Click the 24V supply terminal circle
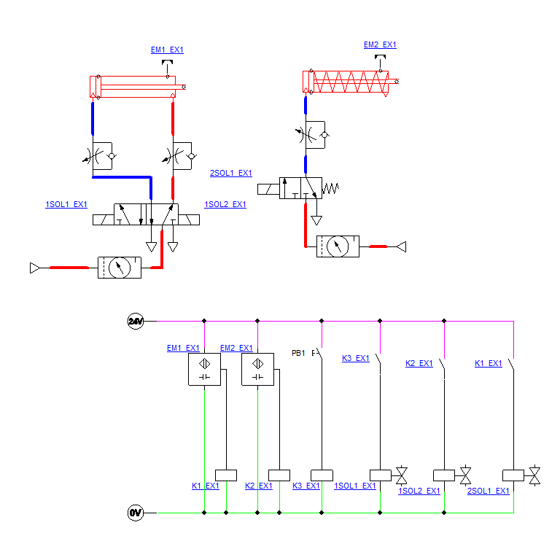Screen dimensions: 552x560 coord(136,320)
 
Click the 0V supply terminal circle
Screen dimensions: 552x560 coord(136,513)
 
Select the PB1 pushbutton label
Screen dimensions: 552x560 coord(298,353)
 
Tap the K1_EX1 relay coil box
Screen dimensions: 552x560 coord(227,475)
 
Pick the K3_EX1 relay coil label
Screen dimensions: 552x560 coord(306,486)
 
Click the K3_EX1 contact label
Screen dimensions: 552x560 coord(356,358)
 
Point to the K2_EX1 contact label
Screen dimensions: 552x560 coord(419,363)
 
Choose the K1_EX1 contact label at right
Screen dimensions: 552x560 coord(489,363)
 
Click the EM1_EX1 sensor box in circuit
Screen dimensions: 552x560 coord(204,369)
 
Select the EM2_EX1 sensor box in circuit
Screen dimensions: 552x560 coord(257,369)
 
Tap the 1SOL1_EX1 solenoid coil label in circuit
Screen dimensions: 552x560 coord(355,486)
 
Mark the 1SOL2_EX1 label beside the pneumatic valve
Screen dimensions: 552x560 coord(225,204)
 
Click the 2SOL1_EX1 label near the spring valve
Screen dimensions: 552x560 coord(230,173)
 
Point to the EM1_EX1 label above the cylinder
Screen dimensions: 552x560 coord(167,50)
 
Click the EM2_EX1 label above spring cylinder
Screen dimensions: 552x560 coord(380,44)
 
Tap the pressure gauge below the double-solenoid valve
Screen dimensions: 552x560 coord(118,268)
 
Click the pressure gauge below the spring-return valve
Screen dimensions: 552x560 coord(338,246)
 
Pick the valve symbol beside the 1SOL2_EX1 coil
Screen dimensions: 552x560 coord(465,476)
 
